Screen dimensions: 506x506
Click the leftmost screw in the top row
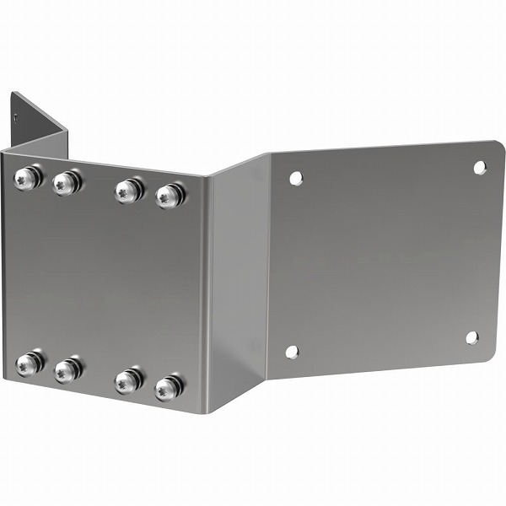(27, 178)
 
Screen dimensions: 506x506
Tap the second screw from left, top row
(67, 182)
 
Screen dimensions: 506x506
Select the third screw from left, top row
(128, 190)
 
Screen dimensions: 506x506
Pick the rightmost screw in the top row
(170, 196)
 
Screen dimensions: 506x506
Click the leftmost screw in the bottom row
(29, 363)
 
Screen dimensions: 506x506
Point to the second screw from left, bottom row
(67, 369)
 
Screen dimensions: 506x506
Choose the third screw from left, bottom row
(128, 380)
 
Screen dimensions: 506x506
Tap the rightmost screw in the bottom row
(169, 388)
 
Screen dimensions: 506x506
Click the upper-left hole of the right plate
(295, 178)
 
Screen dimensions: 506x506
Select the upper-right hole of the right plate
(479, 167)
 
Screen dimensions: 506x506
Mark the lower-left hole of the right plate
(292, 352)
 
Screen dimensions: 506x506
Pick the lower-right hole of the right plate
(471, 337)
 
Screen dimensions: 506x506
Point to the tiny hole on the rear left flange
(16, 119)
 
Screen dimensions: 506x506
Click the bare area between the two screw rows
(101, 278)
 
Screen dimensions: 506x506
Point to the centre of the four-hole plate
(384, 260)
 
